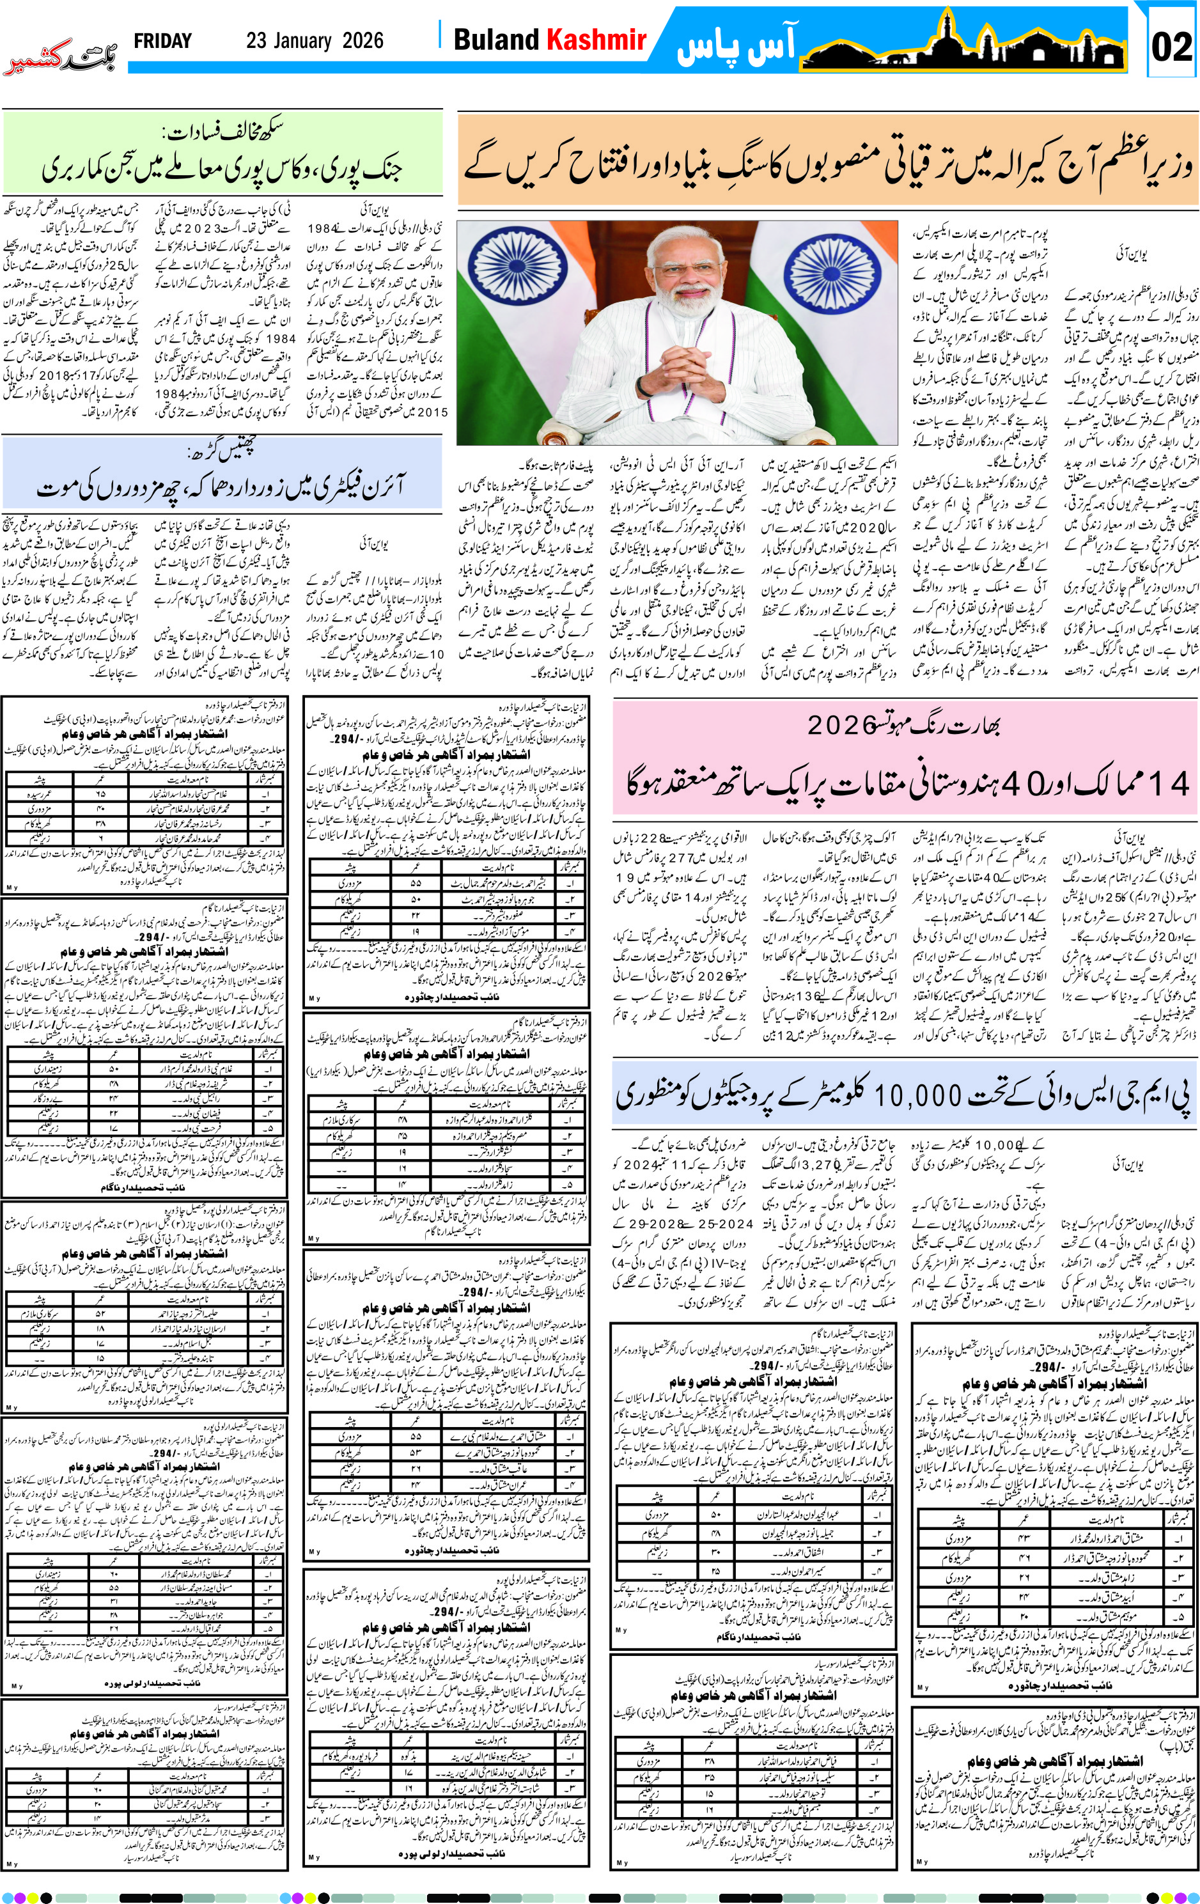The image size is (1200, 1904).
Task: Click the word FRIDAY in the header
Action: coord(163,41)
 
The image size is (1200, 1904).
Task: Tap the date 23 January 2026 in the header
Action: coord(315,41)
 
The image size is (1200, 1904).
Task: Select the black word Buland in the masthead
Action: coord(495,40)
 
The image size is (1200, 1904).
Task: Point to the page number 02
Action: coord(1171,47)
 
